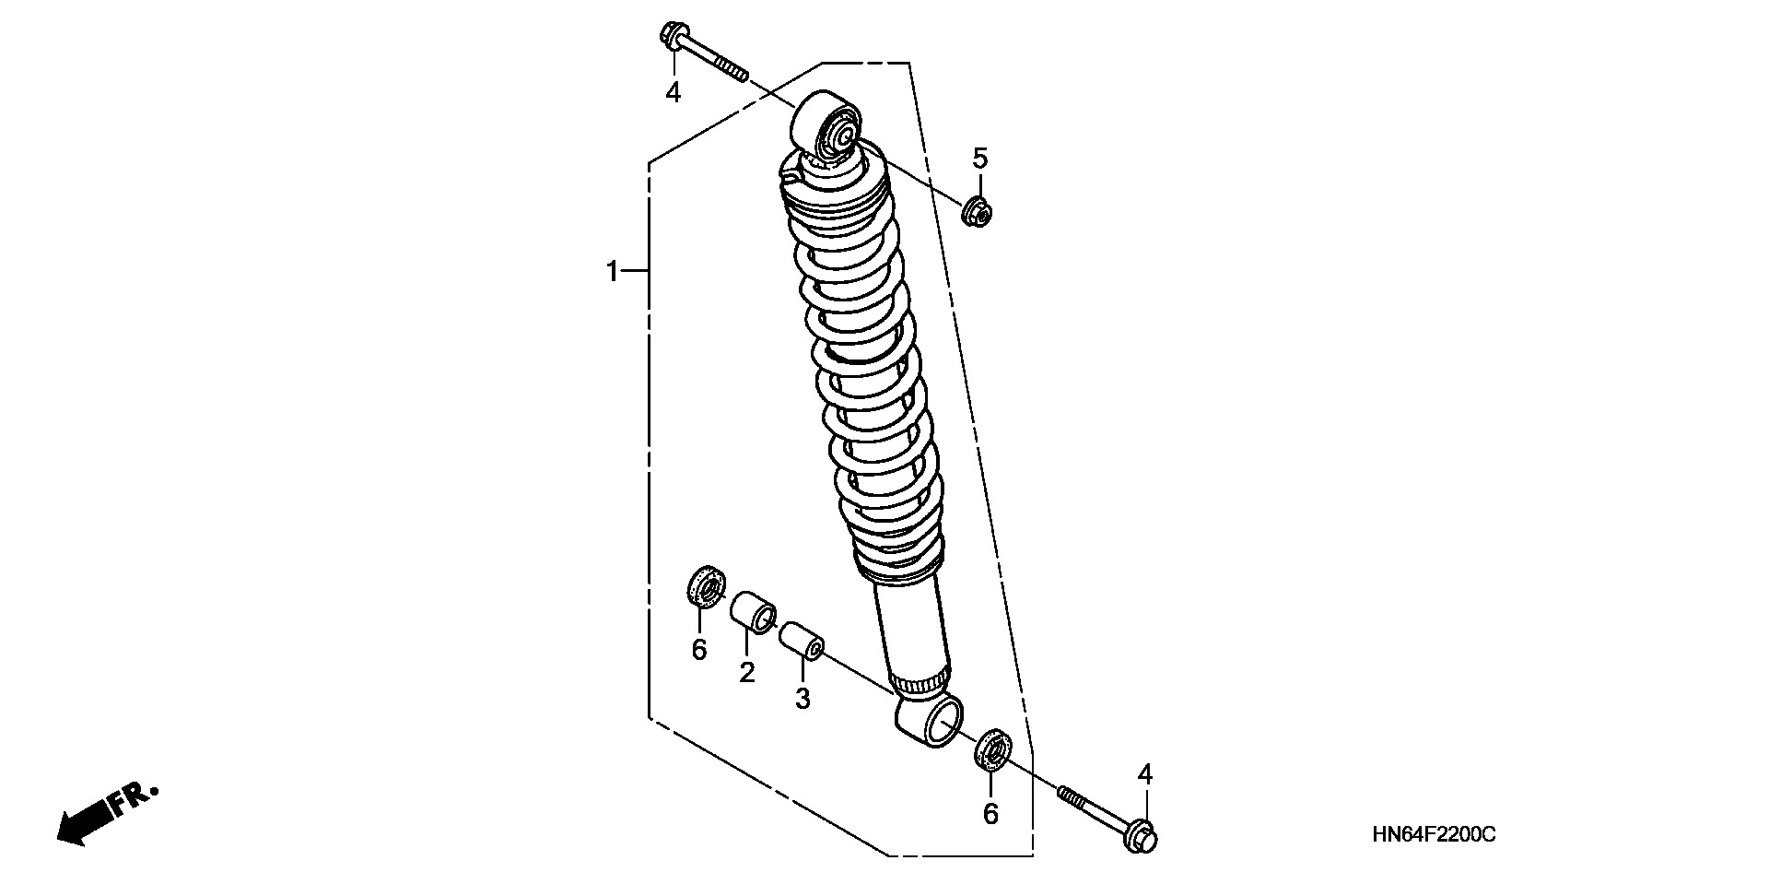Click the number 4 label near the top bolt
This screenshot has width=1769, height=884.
[674, 92]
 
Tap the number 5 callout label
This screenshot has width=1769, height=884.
[979, 159]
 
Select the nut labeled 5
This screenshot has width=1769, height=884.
[978, 214]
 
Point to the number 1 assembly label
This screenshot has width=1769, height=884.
[612, 272]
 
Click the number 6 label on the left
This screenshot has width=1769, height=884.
[699, 650]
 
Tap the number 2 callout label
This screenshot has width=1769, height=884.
[746, 672]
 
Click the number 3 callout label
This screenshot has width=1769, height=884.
[802, 699]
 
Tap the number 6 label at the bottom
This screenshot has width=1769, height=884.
[990, 814]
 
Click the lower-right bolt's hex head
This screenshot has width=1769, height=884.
[1141, 835]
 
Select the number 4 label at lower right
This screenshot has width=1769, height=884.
[1144, 774]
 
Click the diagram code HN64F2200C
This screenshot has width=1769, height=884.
[1434, 835]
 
